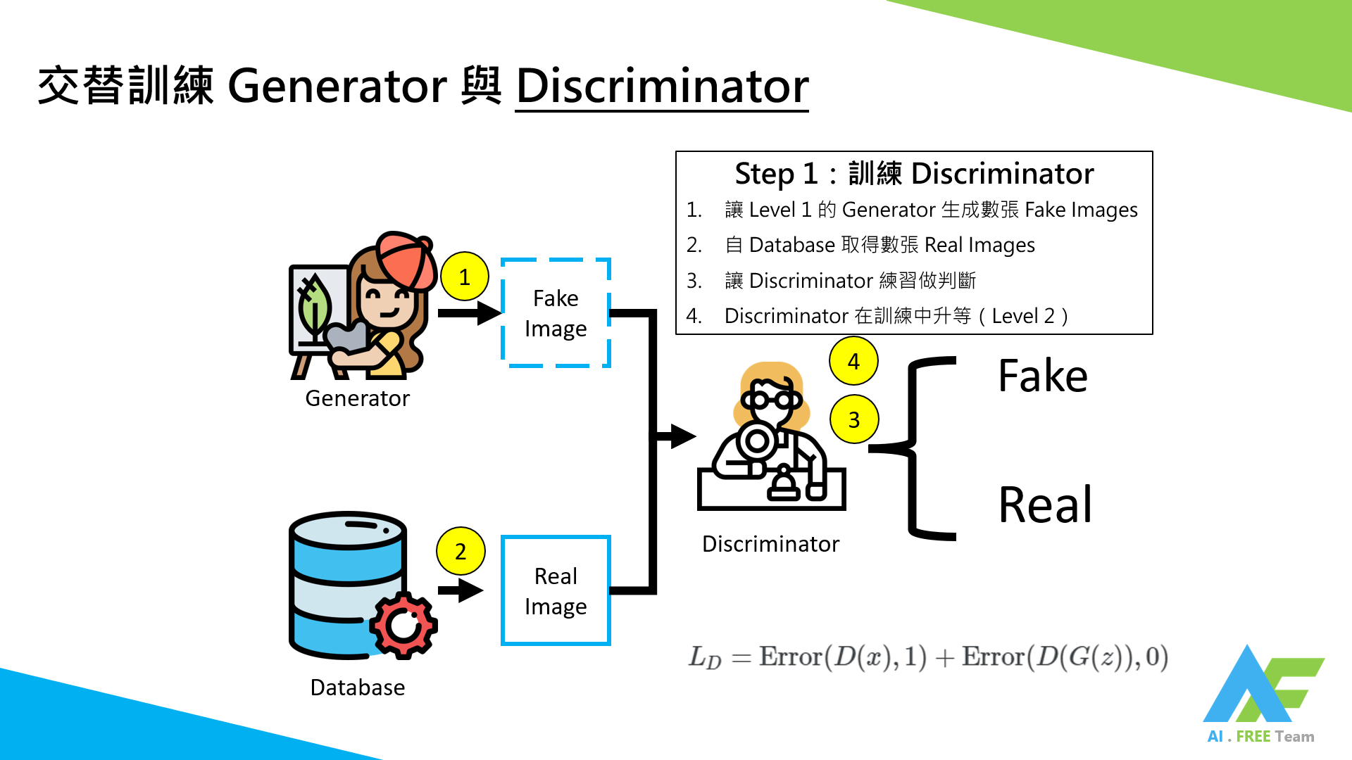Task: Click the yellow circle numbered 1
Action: tap(464, 277)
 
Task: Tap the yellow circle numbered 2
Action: tap(461, 551)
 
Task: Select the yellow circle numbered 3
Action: tap(853, 419)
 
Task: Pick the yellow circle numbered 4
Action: tap(853, 361)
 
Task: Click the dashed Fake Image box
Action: tap(556, 313)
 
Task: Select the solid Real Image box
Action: tap(556, 591)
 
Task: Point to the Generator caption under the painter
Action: tap(357, 398)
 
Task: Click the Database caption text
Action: tap(357, 688)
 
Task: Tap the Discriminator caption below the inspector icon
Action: tap(770, 544)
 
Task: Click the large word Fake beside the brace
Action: tap(1042, 376)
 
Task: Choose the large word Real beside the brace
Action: tap(1045, 505)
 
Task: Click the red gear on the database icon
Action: tap(403, 625)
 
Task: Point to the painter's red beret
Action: tap(405, 259)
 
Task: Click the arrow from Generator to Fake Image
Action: tap(468, 312)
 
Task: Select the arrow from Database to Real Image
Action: tap(461, 590)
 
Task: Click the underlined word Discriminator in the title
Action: tap(662, 87)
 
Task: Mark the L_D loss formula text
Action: tap(928, 657)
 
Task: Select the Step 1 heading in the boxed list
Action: tap(914, 174)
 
